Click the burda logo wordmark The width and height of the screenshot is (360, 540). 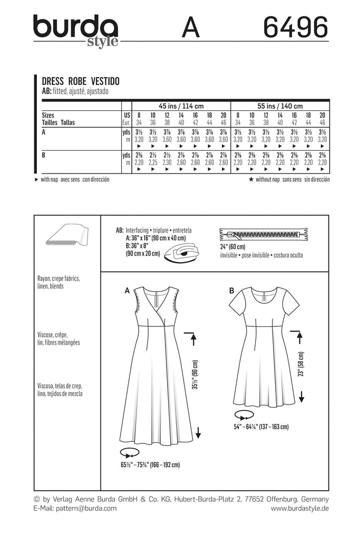click(75, 27)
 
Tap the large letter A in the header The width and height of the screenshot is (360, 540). click(190, 27)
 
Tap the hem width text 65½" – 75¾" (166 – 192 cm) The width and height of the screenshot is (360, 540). click(151, 465)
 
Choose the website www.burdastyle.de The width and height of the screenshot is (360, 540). click(299, 508)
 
